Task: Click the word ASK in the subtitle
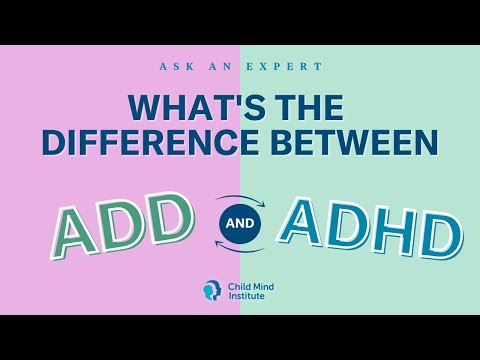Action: (174, 66)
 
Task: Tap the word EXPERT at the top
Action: (289, 66)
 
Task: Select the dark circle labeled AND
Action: (239, 223)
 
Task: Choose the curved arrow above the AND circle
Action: (240, 198)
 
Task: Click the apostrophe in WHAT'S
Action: (224, 100)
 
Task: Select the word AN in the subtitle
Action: (229, 66)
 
